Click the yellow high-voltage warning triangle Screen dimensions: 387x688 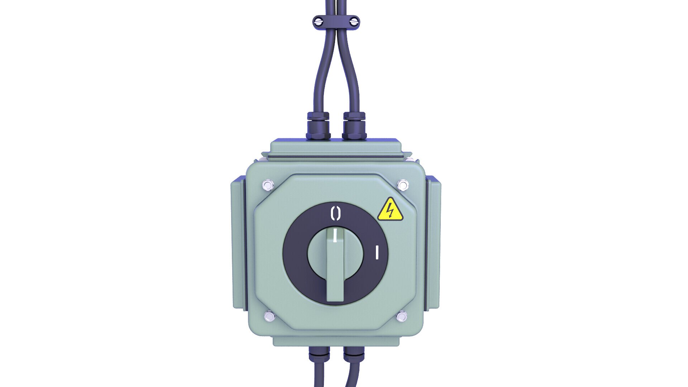[390, 210]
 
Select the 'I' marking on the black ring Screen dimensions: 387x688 [377, 252]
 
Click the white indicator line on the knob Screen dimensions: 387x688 [335, 235]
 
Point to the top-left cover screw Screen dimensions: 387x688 [267, 185]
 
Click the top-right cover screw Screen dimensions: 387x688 [403, 185]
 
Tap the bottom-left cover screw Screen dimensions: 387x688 [268, 317]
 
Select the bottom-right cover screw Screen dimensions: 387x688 [402, 317]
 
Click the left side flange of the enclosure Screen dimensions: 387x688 [238, 244]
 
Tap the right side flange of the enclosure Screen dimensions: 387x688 [434, 244]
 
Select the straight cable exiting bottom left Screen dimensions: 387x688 [319, 376]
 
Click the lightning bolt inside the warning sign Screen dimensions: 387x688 [390, 211]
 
